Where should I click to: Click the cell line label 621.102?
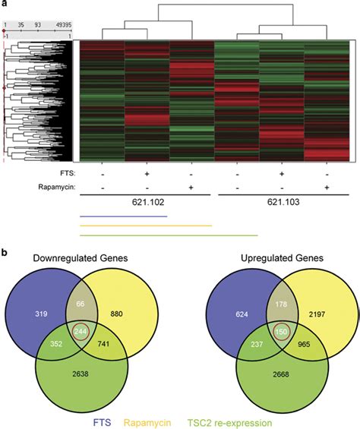point(144,206)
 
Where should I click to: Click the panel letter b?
point(7,248)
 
